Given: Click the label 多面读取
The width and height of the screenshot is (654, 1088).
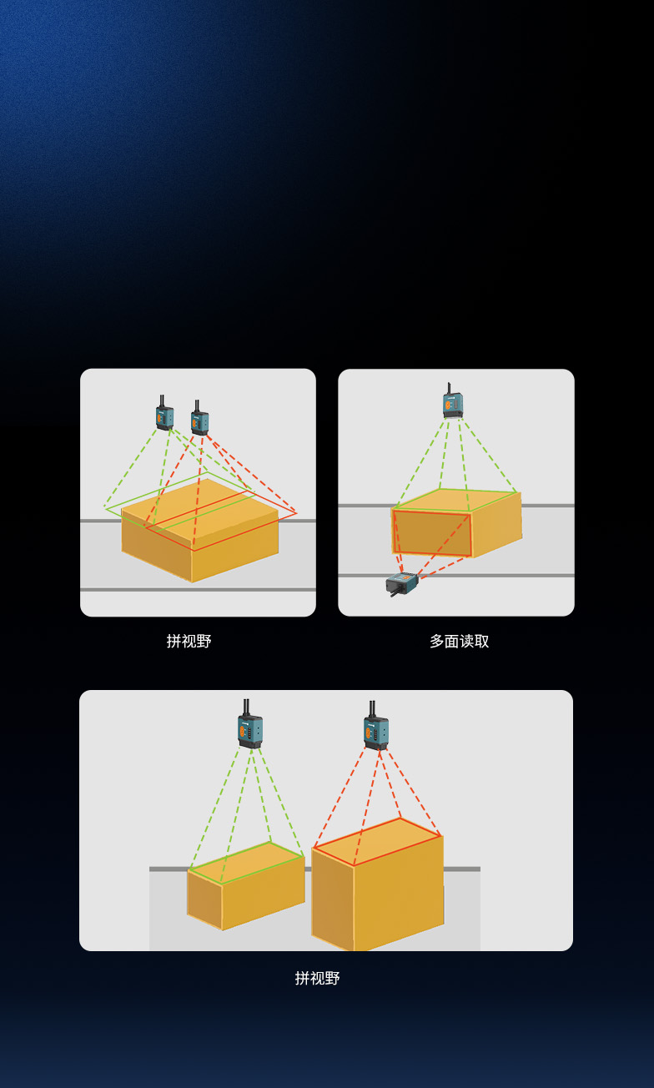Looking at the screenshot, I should point(459,642).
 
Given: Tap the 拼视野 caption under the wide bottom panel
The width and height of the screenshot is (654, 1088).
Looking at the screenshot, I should point(318,978).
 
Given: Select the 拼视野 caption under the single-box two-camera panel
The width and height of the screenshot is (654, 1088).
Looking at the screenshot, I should point(189,642).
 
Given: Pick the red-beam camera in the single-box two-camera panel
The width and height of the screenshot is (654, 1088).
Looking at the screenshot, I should point(199,421).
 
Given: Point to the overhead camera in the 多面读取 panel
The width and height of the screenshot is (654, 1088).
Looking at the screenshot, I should point(452,405).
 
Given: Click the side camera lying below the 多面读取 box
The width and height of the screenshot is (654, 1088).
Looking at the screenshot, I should point(403,583).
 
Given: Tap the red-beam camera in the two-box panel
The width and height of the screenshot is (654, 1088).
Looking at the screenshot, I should point(376,732).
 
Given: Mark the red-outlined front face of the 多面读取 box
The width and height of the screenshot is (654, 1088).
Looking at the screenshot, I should point(432,532).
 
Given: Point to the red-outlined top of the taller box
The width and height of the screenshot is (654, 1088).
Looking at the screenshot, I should point(378,840).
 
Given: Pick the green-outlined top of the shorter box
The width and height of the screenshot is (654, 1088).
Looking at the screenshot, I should point(247,862).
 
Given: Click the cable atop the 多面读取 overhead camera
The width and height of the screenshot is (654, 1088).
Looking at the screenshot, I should point(450,388).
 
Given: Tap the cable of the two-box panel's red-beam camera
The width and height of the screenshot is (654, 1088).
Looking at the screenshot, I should point(372,708).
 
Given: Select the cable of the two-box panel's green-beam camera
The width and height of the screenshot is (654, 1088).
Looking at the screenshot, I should point(246,707).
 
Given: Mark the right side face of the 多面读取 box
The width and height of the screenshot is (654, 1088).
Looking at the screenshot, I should point(497,523).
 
